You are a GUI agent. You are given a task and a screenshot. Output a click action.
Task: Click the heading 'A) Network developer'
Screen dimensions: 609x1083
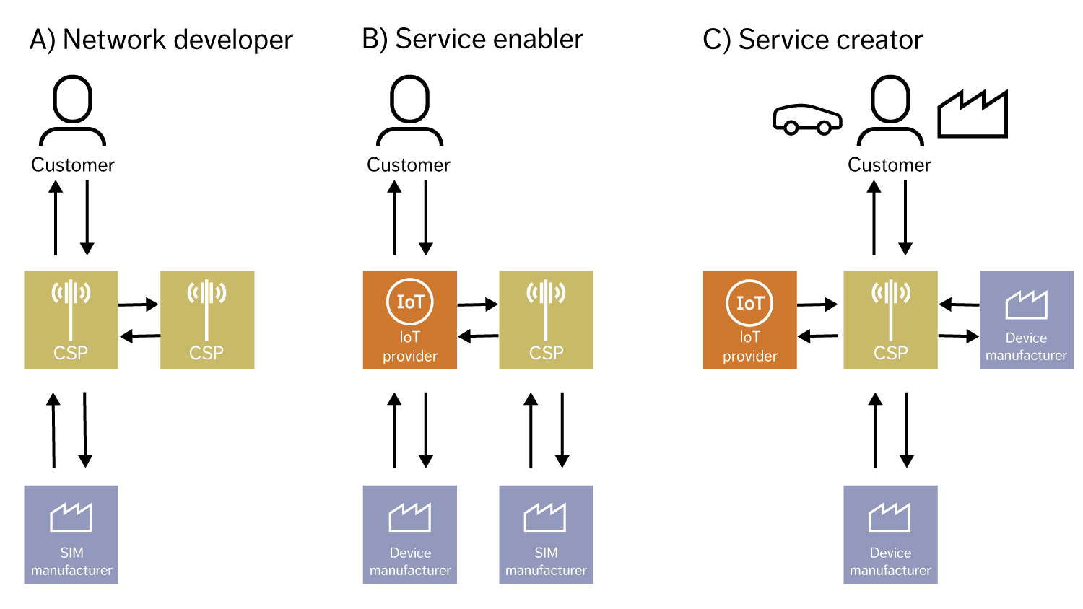click(161, 40)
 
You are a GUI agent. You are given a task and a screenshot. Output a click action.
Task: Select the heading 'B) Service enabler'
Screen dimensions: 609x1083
click(472, 39)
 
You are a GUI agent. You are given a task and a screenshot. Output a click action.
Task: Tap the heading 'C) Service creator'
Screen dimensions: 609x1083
click(812, 40)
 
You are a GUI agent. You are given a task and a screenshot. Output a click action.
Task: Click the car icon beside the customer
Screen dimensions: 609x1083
click(807, 120)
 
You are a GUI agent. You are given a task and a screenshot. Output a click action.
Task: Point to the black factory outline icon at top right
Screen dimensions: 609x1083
click(972, 115)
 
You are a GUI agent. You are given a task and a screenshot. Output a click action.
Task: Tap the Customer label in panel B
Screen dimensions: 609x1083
click(409, 165)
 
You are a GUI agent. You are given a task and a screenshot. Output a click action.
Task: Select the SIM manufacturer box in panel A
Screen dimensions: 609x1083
click(71, 535)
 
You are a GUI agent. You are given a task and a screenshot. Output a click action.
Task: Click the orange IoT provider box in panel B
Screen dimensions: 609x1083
click(409, 320)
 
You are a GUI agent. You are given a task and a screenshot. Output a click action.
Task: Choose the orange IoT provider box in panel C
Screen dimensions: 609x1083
click(749, 320)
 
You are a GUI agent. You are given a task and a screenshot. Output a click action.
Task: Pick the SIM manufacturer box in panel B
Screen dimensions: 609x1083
click(546, 535)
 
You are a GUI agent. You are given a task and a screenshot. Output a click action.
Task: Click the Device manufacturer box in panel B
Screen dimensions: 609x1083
click(409, 535)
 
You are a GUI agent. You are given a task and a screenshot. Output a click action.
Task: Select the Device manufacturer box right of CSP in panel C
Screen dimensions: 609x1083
click(1026, 320)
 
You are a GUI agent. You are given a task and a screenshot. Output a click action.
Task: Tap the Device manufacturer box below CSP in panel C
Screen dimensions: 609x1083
click(890, 535)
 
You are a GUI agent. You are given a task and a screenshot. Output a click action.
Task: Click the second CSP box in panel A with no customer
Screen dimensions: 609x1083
click(207, 320)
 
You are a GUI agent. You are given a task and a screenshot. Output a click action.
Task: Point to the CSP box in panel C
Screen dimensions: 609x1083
click(890, 320)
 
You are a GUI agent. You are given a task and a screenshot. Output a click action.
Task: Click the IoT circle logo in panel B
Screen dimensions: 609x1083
click(409, 302)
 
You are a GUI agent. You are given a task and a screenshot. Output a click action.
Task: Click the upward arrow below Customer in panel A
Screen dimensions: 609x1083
click(56, 217)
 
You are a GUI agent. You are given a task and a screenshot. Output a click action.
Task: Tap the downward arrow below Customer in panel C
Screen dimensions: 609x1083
click(905, 217)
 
